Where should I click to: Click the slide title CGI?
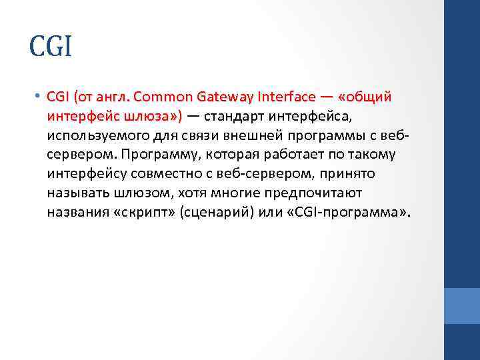coord(50,48)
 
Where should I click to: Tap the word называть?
coord(74,194)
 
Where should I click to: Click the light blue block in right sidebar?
coord(461,305)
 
